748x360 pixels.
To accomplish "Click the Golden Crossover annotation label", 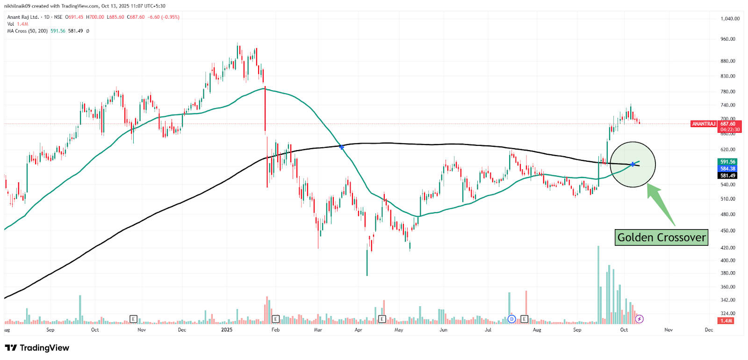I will [x=661, y=238].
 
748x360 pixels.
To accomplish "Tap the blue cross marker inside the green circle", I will [x=633, y=164].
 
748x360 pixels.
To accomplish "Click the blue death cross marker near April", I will [x=342, y=147].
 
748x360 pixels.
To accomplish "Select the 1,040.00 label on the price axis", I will [x=730, y=19].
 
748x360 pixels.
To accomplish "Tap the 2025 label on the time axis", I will [x=227, y=330].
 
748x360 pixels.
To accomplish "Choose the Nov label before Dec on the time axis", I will [x=669, y=330].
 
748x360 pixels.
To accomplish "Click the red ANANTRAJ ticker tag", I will [x=704, y=124].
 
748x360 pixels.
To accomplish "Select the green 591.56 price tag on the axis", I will [x=727, y=162].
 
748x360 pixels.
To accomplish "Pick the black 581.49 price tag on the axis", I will [x=727, y=176].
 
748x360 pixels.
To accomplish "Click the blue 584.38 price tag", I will [x=727, y=169].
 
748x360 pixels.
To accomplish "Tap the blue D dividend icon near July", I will [x=512, y=319].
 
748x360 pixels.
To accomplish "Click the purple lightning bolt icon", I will [x=640, y=319].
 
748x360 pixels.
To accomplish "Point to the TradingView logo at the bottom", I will [x=37, y=348].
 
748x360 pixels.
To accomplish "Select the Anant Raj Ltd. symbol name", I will [x=23, y=17].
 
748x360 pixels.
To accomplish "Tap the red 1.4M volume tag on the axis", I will [x=726, y=321].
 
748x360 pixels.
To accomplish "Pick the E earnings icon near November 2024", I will [x=133, y=319].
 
